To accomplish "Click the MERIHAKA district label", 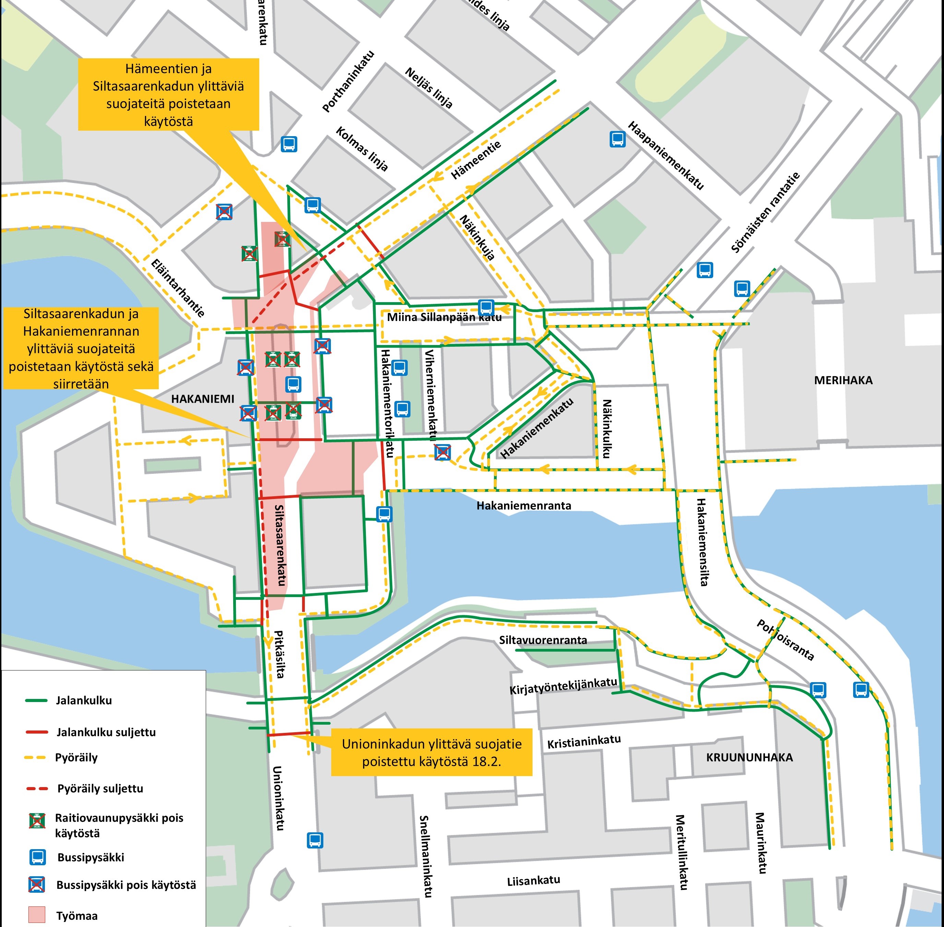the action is coord(843,380).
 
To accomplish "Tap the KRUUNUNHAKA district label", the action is coord(749,758).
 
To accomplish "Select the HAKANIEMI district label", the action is coord(203,399).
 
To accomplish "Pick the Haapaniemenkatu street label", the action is coord(666,155).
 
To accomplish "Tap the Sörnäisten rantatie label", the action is coord(765,213).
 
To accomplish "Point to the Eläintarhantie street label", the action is coord(178,288).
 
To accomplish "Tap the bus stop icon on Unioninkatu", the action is coord(315,840).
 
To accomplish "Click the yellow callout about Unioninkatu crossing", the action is coord(431,752).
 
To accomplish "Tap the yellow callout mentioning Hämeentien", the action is coord(168,94).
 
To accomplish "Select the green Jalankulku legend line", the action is coord(36,701).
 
